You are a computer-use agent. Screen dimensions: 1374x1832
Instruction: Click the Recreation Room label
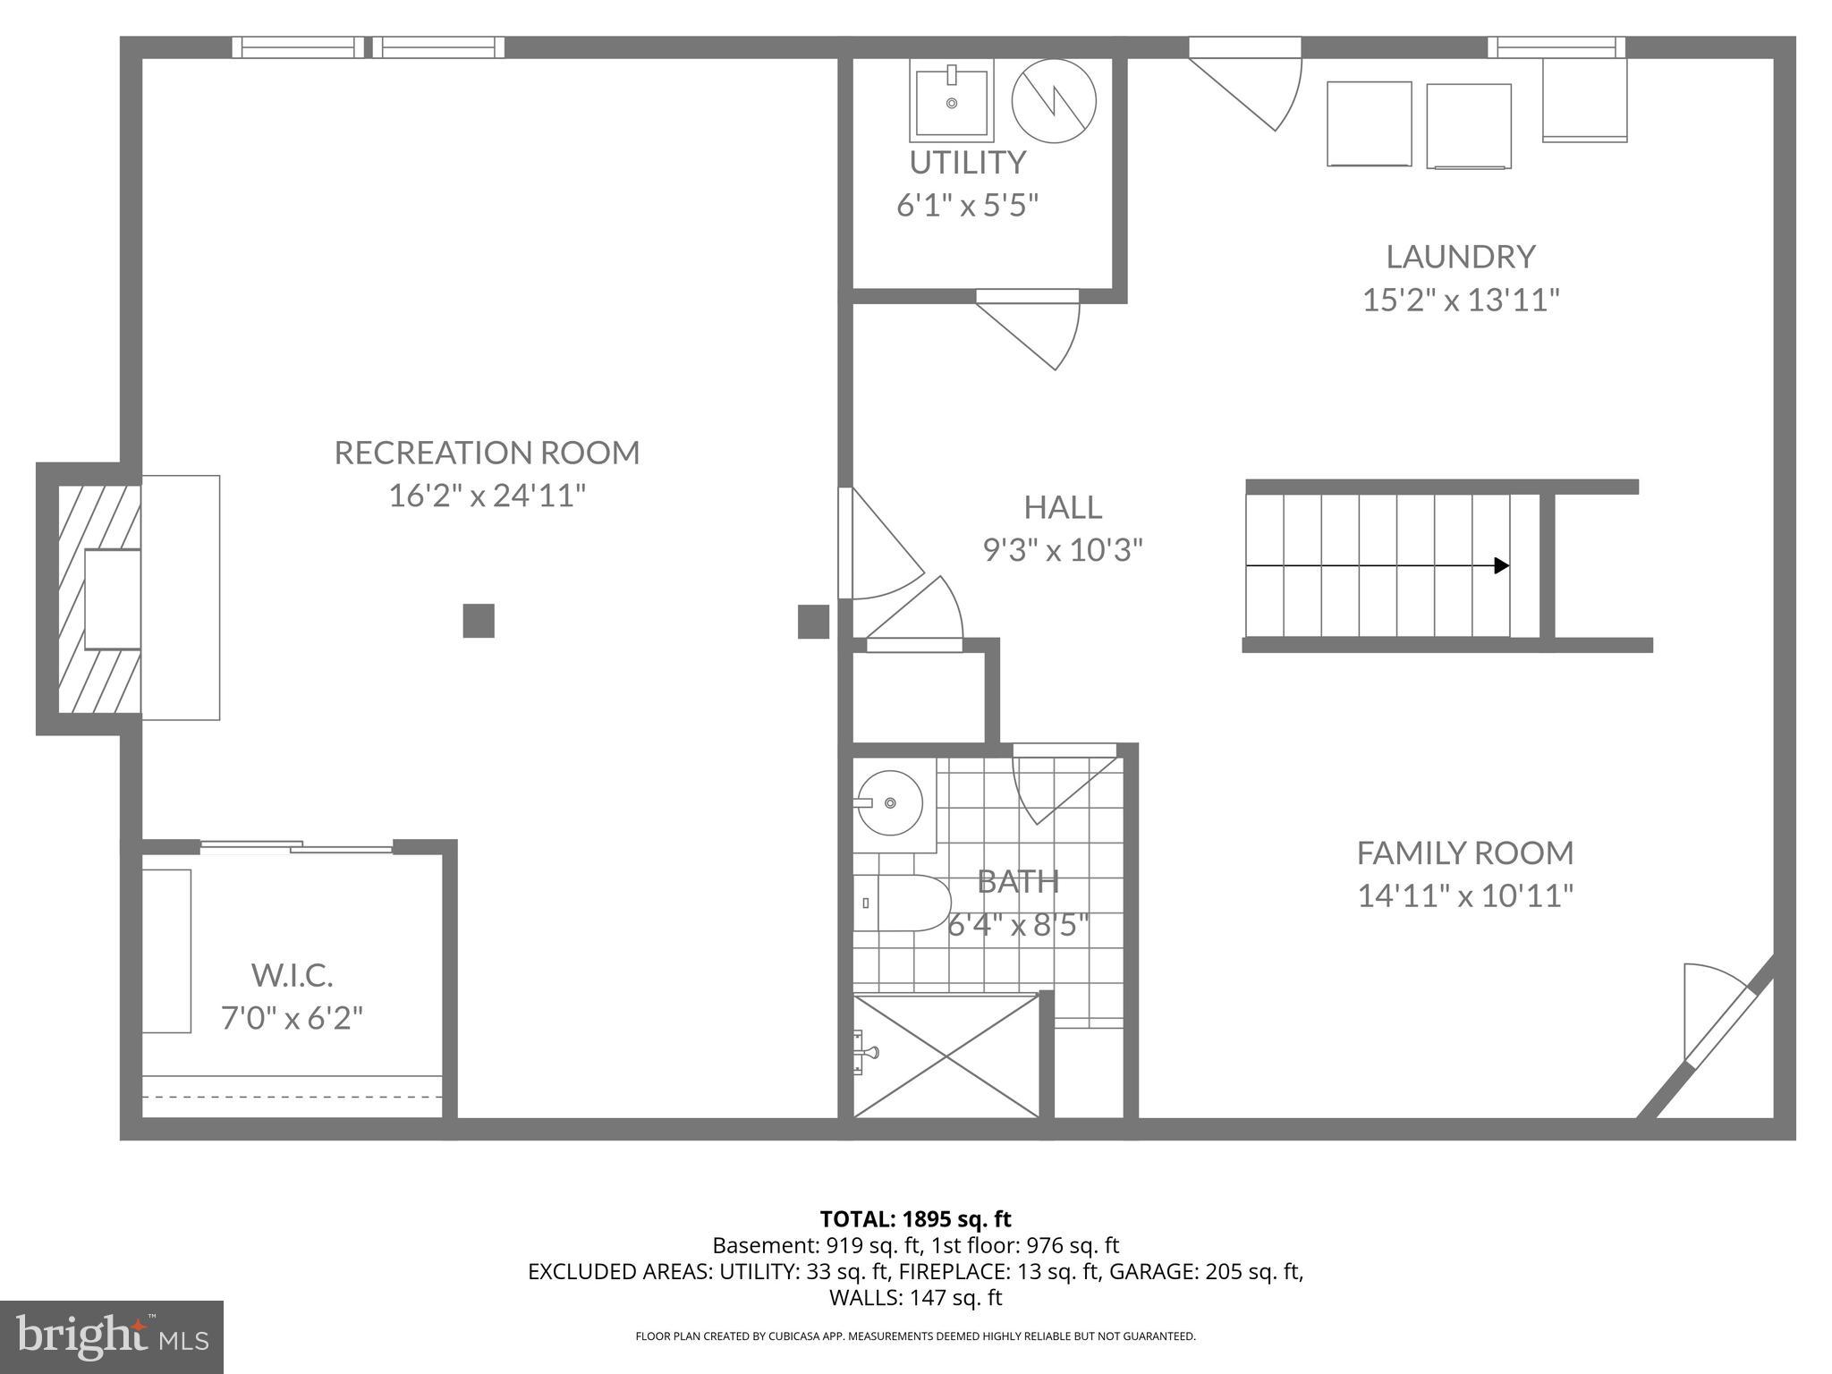point(487,453)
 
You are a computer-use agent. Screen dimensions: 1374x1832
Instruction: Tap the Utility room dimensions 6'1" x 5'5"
point(967,206)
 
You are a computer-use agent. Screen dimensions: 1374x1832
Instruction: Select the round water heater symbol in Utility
point(1054,100)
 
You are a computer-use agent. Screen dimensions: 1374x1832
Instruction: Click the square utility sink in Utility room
point(951,100)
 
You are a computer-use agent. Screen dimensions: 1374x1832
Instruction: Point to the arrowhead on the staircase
point(1502,565)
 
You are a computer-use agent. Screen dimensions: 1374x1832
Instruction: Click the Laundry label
point(1460,257)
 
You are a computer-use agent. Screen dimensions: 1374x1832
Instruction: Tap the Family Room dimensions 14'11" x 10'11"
point(1464,895)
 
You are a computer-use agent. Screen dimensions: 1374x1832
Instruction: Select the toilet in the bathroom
point(899,903)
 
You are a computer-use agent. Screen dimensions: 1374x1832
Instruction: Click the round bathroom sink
point(888,803)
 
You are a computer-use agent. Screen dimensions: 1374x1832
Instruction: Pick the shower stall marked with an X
point(946,1056)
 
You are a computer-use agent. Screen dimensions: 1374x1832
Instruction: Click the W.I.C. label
point(292,975)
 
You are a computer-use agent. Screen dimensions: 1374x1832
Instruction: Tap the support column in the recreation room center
point(479,621)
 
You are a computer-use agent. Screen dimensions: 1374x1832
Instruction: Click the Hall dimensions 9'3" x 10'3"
point(1063,549)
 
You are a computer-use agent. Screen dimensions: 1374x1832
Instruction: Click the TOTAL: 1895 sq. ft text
point(915,1218)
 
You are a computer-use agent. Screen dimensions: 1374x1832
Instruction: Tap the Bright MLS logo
point(112,1336)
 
